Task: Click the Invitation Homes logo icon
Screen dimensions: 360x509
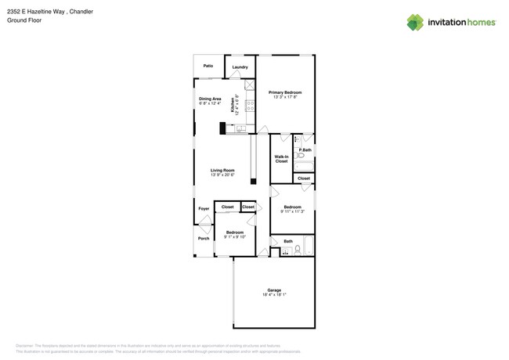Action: [415, 23]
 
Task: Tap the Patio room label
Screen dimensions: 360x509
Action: [208, 66]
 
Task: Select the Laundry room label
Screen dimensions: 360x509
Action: [240, 67]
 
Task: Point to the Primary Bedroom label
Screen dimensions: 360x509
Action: [285, 92]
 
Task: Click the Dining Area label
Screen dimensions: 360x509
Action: [210, 99]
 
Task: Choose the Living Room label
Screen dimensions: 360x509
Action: [222, 170]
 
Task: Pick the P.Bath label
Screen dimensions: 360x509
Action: [305, 149]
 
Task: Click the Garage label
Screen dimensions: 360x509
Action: [274, 290]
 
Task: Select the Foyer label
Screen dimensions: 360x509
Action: [204, 209]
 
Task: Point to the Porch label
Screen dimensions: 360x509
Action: [204, 238]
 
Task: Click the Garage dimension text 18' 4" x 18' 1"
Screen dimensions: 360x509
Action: [274, 295]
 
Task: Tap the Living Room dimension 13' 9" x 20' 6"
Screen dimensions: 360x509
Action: [222, 175]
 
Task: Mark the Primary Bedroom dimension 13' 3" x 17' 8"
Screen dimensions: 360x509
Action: [285, 97]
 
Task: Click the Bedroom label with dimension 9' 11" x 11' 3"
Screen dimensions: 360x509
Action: [292, 207]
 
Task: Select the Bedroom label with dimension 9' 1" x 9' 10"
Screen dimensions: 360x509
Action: [235, 232]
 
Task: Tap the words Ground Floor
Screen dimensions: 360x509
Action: [24, 20]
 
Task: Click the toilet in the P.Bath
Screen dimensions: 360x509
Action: [301, 156]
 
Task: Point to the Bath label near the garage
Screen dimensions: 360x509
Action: [288, 241]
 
